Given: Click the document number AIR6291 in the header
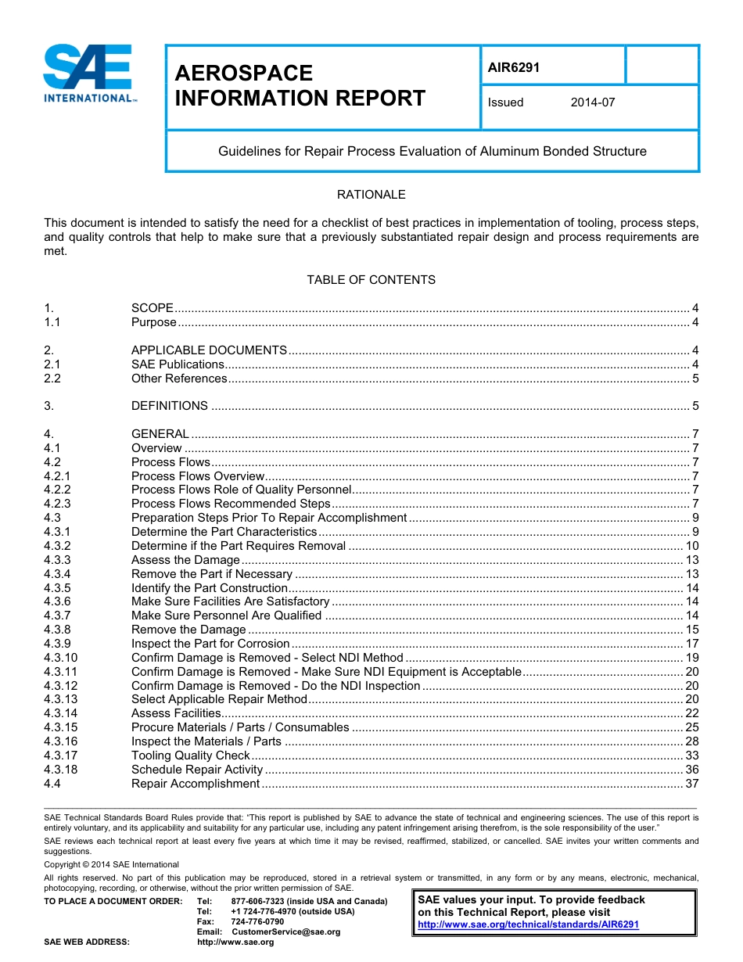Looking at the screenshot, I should (x=514, y=67).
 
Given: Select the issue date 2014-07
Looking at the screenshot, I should (x=593, y=102).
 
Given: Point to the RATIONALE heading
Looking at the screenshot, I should (x=371, y=195).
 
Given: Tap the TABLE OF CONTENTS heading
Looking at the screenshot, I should (x=371, y=280).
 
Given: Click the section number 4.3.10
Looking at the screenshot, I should (x=61, y=658).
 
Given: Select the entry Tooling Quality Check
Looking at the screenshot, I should (x=190, y=756).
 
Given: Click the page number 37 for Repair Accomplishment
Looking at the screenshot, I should (x=691, y=784).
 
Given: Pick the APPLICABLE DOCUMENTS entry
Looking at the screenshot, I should (x=209, y=350).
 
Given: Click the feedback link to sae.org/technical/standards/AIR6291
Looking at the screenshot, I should (x=529, y=924).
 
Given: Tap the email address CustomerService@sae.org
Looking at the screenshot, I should (x=285, y=932).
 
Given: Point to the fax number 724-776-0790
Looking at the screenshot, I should (x=257, y=922).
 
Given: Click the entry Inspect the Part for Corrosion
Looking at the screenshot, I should (x=210, y=644).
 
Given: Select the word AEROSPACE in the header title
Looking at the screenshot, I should (x=243, y=73).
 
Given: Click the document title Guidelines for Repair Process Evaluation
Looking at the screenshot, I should (x=432, y=151).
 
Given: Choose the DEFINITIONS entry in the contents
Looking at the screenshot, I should (x=170, y=406).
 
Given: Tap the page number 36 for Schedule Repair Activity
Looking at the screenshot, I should (x=691, y=770).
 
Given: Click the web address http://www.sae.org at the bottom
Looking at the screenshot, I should (x=235, y=942).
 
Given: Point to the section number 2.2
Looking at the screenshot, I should (x=52, y=379).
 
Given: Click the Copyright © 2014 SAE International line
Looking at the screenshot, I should (x=111, y=864).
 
